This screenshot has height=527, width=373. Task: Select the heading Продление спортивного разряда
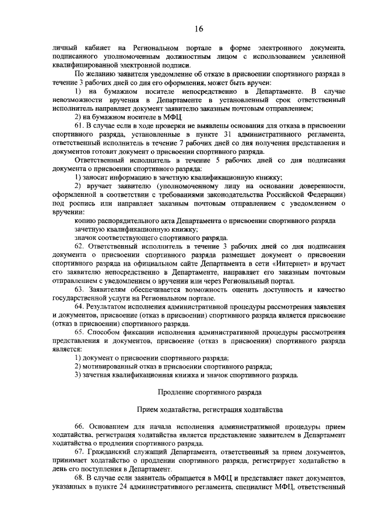click(199, 392)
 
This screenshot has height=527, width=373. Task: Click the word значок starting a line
click(87, 238)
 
